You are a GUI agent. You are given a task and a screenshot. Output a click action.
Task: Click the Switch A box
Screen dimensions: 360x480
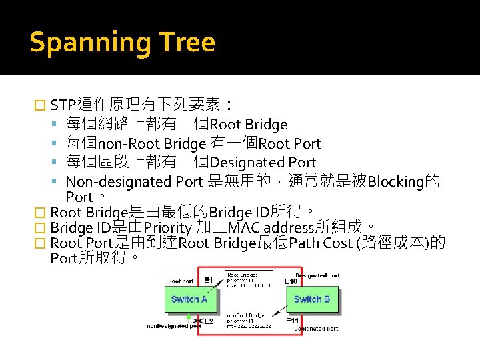click(x=189, y=299)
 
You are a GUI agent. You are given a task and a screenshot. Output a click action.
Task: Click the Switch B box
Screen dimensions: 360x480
click(x=312, y=299)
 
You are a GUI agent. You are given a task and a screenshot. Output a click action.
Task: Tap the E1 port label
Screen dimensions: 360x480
click(x=208, y=281)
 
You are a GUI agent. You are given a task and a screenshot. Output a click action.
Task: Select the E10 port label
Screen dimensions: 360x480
click(x=291, y=281)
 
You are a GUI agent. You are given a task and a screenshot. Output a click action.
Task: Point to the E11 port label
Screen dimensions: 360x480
click(x=293, y=321)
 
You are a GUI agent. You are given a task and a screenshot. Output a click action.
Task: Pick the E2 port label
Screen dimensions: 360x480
click(x=208, y=321)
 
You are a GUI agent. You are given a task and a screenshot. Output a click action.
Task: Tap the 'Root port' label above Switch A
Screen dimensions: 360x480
click(x=181, y=281)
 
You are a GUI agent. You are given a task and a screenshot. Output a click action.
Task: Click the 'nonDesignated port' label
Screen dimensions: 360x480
click(x=174, y=327)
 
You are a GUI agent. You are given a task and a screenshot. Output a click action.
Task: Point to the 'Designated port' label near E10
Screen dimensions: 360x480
click(x=317, y=275)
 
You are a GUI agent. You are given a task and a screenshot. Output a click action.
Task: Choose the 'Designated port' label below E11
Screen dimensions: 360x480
click(x=316, y=329)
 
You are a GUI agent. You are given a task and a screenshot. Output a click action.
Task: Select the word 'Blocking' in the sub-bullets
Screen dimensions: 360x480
click(x=397, y=181)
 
